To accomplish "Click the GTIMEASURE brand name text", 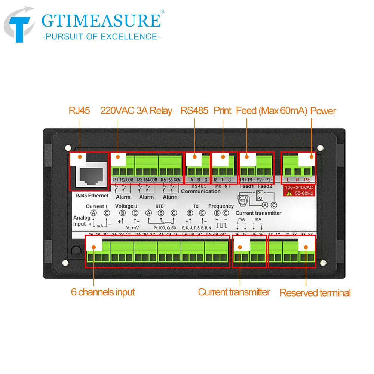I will (101, 21).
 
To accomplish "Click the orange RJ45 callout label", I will (79, 111).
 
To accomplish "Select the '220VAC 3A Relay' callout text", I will (136, 111).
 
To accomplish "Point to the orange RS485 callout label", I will (194, 111).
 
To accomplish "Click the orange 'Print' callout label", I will (222, 111).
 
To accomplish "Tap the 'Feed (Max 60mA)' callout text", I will (272, 111).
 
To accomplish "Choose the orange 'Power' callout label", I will (323, 111).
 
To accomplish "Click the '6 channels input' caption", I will (102, 292).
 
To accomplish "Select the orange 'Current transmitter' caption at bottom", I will (234, 292).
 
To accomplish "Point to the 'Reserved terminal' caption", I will (315, 293).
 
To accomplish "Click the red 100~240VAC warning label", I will (299, 190).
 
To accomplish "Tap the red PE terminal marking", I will (307, 180).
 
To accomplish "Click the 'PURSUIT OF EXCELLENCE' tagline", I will (101, 36).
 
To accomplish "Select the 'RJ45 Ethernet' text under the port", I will (92, 196).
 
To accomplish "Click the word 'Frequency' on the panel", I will (221, 206).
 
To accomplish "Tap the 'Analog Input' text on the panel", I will (82, 221).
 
